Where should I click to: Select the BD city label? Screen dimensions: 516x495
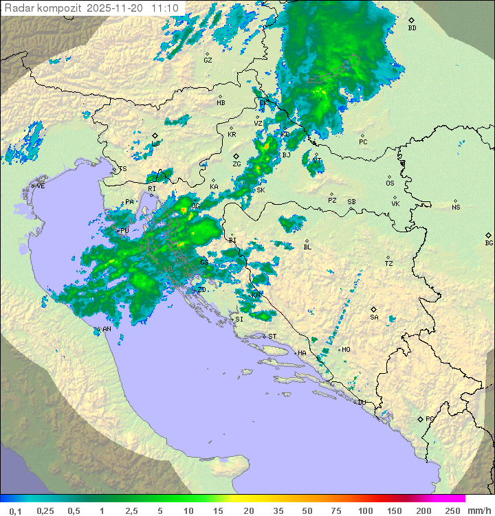point(412,28)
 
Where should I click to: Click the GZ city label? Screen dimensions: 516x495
point(208,60)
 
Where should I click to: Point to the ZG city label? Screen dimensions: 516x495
point(236,164)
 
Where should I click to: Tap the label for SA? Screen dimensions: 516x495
point(374,317)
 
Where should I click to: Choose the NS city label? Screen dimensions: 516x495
point(456,207)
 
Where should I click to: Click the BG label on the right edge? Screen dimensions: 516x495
point(489,243)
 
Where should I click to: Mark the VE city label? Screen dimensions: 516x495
point(41,186)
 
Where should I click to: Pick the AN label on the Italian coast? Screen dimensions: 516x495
point(107,329)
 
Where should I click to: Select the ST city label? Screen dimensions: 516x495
point(272,336)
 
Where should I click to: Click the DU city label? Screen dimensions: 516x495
point(361,403)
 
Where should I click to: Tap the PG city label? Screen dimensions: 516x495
point(430,418)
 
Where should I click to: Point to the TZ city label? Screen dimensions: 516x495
point(389,264)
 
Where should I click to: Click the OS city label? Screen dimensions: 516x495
point(390,183)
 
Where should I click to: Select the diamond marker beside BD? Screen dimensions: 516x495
point(411,21)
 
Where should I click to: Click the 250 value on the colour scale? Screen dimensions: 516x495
point(452,511)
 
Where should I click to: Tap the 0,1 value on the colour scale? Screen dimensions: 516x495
point(15,511)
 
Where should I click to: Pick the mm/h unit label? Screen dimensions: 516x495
point(478,511)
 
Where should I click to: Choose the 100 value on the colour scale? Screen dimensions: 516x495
point(364,511)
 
